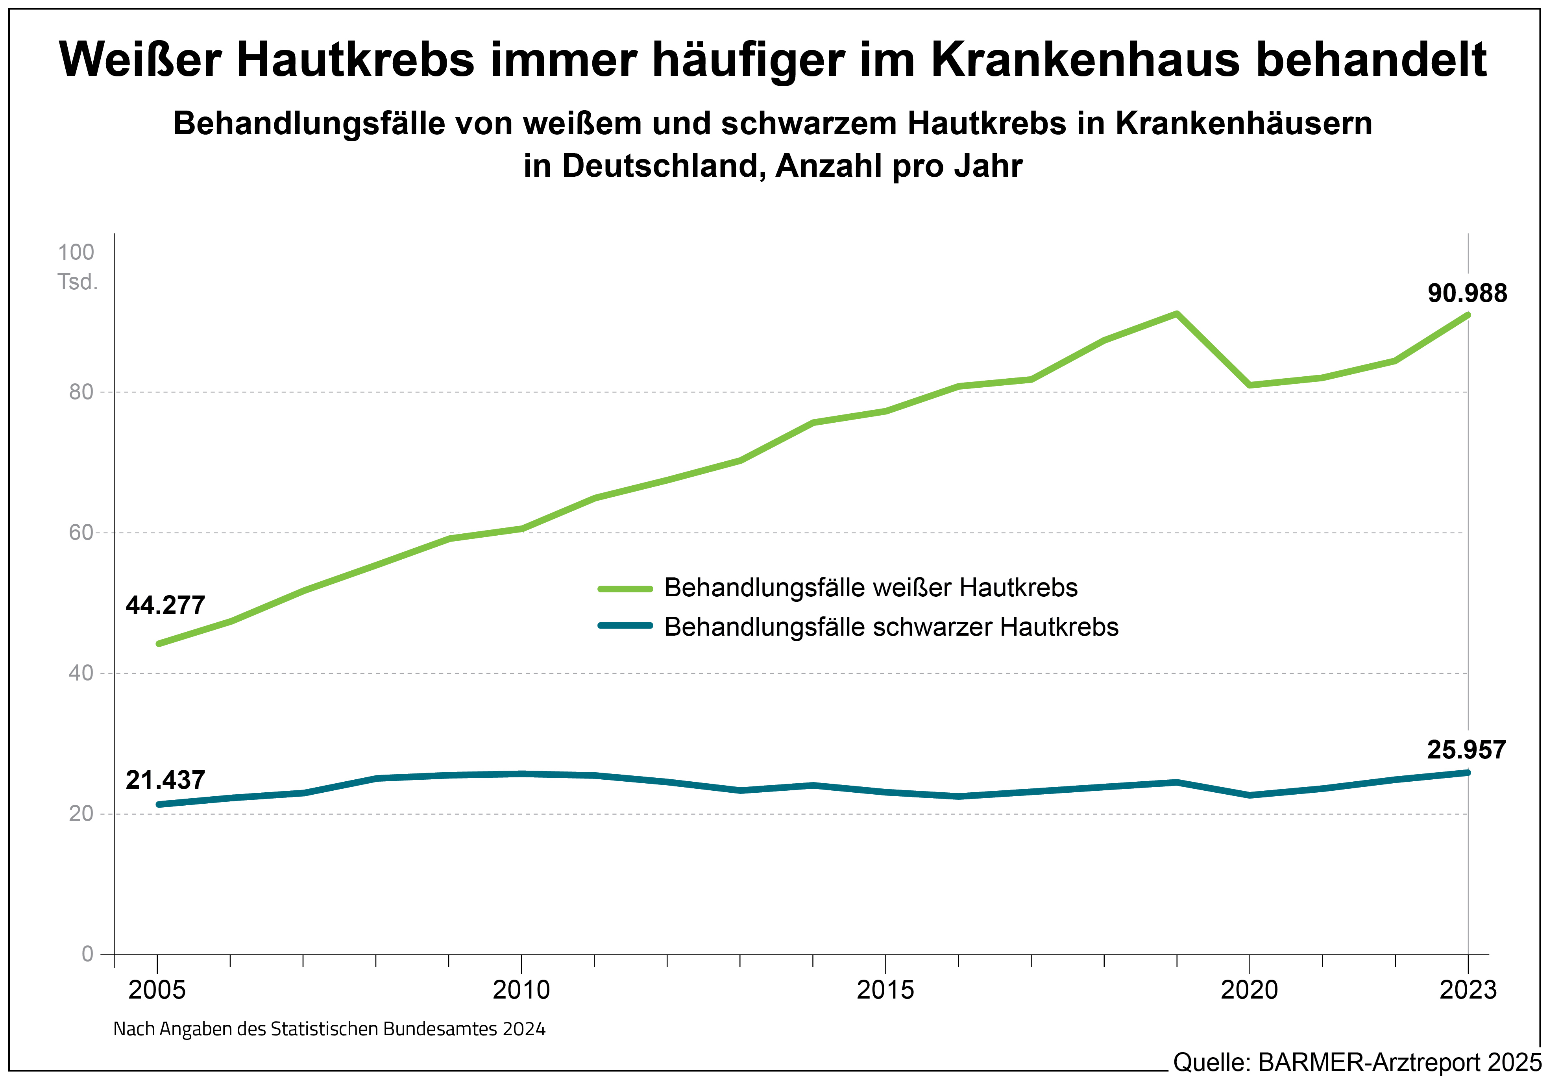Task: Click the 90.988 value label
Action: click(1467, 294)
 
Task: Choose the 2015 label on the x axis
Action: click(885, 990)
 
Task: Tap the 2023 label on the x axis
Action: click(1468, 990)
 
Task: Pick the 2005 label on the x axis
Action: click(157, 990)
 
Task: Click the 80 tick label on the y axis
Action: click(81, 392)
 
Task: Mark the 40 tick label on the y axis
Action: click(81, 673)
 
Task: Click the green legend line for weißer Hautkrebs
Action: click(625, 589)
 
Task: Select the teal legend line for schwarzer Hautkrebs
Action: click(625, 626)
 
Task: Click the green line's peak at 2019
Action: click(1177, 314)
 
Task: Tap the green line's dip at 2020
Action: click(1250, 385)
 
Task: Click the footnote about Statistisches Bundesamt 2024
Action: click(329, 1029)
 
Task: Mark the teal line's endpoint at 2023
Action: click(1468, 772)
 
